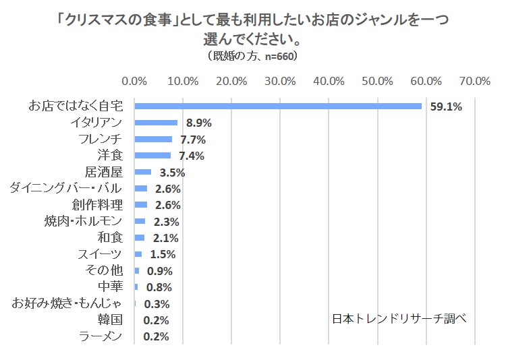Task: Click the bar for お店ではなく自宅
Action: click(278, 106)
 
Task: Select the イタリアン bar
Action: click(156, 123)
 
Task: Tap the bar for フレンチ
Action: click(153, 139)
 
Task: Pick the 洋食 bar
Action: click(152, 156)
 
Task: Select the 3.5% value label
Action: click(171, 173)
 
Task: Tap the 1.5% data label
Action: click(162, 254)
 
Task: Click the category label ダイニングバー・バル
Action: click(66, 188)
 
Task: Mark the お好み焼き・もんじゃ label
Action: click(67, 303)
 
